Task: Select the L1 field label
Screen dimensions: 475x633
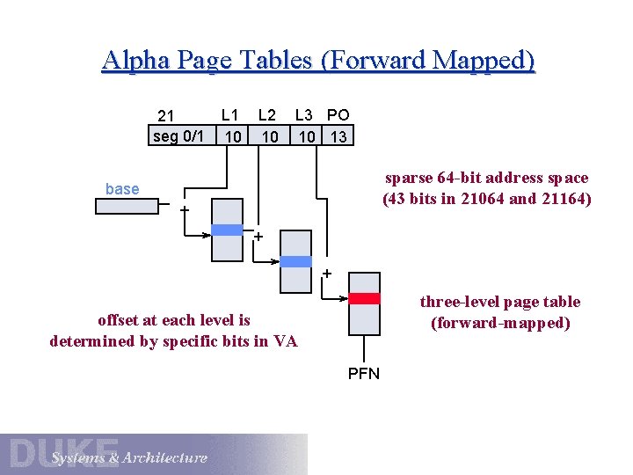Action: (x=230, y=114)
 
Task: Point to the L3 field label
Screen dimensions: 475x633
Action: (x=304, y=114)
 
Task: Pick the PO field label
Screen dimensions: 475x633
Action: (x=338, y=114)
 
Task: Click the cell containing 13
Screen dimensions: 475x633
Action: (x=338, y=136)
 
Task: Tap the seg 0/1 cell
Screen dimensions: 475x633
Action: (x=178, y=135)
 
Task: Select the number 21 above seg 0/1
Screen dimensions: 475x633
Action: (x=166, y=116)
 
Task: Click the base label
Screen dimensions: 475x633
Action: (x=122, y=189)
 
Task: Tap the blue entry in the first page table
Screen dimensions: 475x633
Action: (x=227, y=230)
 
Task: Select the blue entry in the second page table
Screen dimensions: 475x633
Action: (x=295, y=261)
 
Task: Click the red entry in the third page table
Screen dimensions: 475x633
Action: (x=364, y=298)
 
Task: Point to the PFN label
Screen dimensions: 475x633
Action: (x=364, y=374)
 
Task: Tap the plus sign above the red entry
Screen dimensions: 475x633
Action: (x=327, y=274)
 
